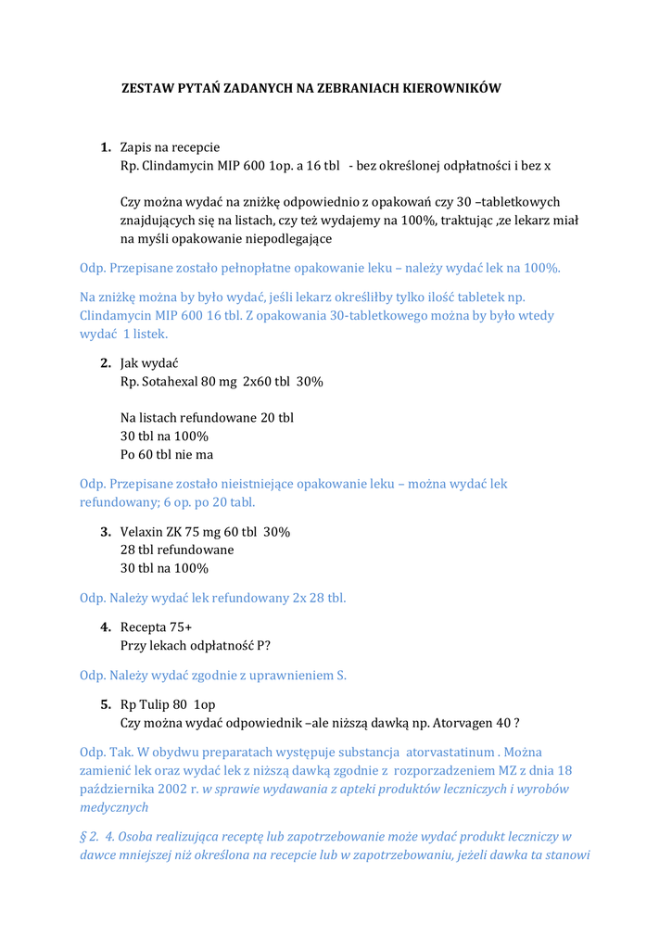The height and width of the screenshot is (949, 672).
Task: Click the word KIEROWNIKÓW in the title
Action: point(450,88)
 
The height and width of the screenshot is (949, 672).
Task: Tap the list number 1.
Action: point(106,147)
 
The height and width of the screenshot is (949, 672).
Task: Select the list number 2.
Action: point(106,362)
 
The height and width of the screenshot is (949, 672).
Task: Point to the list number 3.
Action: point(106,532)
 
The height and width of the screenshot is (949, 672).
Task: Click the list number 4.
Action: point(106,627)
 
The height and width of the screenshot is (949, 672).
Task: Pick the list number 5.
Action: point(106,704)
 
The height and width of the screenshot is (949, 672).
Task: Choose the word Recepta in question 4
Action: point(143,627)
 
